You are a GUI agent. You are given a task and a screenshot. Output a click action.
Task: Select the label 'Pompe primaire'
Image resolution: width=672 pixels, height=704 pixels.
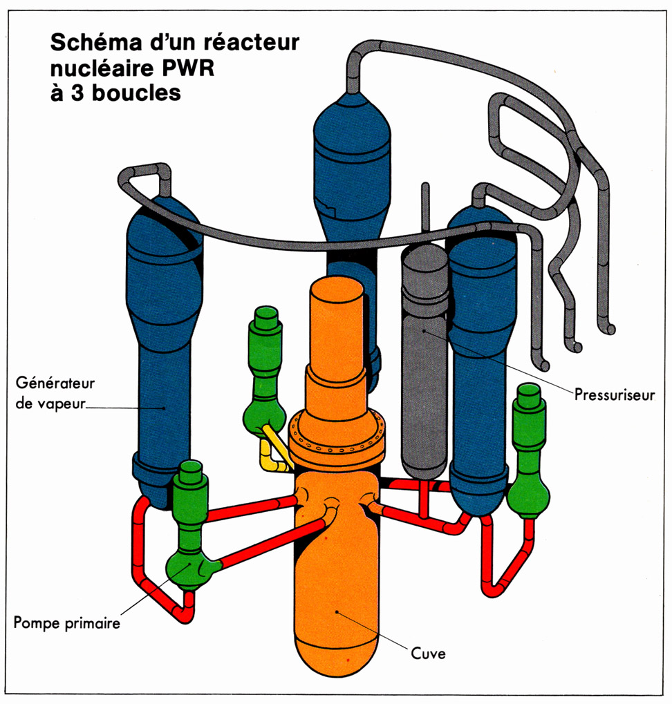(67, 622)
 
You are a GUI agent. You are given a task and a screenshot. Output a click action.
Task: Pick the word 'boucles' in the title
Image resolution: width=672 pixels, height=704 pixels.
(136, 91)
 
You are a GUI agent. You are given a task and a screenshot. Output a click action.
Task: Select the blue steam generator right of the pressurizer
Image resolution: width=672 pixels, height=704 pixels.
(482, 345)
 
